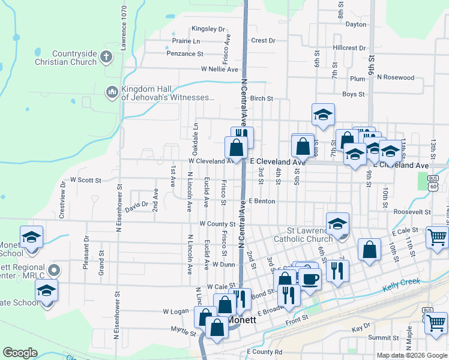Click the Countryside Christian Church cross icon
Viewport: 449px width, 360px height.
106,58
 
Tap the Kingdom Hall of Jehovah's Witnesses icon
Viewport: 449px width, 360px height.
111,92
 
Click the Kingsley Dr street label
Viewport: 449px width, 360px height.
208,29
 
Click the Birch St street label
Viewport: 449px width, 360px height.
262,98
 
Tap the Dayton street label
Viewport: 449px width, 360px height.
356,25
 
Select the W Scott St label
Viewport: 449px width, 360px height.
86,179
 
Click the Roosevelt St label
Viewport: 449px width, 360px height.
412,212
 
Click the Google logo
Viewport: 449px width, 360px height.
20,353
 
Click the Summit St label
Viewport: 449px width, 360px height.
379,338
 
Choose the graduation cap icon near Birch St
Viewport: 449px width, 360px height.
323,115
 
